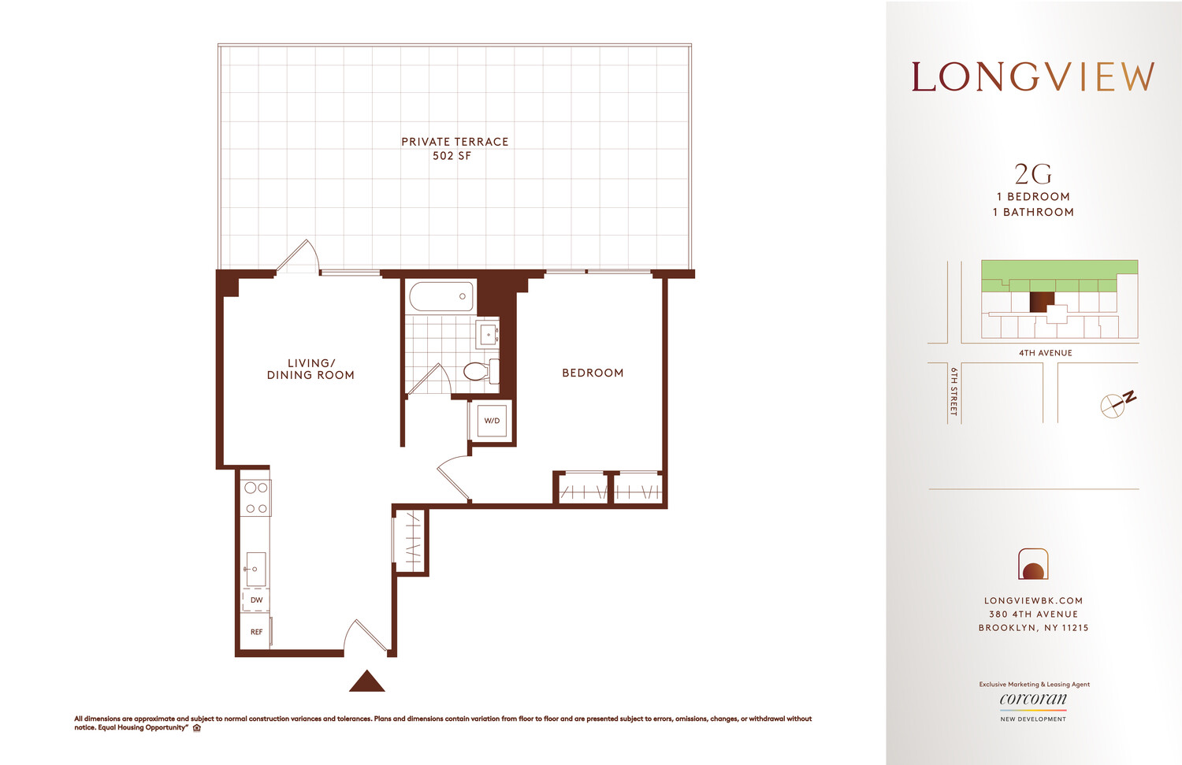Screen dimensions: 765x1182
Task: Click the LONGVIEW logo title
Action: pos(1032,77)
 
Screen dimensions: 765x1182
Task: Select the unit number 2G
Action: pos(1032,174)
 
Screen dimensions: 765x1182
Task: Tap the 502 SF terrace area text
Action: pos(452,156)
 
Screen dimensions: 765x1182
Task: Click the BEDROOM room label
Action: pos(593,373)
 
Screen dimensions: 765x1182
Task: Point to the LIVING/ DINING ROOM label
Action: pos(310,370)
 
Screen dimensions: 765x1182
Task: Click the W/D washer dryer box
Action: pos(492,421)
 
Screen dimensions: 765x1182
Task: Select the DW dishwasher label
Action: pos(256,600)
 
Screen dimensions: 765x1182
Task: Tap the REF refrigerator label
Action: pos(256,632)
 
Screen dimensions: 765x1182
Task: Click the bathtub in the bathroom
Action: pos(440,296)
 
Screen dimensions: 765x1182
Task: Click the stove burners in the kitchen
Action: pos(255,498)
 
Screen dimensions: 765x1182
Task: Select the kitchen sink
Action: pos(255,568)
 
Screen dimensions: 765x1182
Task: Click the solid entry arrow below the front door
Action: pos(366,682)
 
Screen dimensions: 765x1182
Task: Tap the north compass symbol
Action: pos(1116,403)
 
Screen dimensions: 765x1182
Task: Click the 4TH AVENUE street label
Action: pos(1045,353)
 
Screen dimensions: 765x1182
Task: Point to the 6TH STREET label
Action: pos(953,392)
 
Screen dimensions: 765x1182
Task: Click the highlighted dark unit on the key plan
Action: pos(1041,302)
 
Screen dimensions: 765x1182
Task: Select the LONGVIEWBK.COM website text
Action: pos(1033,600)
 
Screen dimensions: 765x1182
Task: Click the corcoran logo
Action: pos(1033,700)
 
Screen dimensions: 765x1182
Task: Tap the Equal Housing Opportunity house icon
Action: pos(197,728)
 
